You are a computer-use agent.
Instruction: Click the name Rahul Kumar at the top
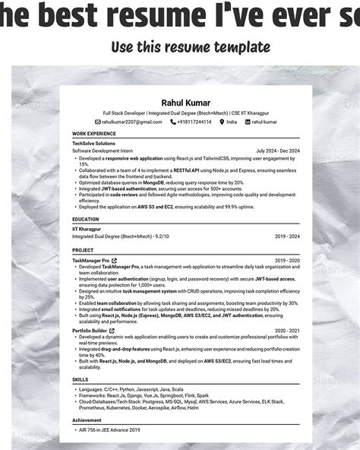click(x=185, y=103)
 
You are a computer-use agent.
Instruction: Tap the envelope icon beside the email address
click(x=98, y=122)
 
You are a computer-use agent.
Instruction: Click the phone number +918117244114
click(x=194, y=122)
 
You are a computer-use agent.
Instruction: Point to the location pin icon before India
click(x=222, y=122)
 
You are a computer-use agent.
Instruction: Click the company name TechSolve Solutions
click(x=93, y=143)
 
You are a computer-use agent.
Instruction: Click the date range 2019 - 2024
click(x=287, y=236)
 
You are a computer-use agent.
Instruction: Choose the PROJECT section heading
click(x=83, y=249)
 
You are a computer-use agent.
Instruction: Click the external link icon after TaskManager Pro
click(x=114, y=260)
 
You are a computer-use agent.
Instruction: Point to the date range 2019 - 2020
click(x=287, y=260)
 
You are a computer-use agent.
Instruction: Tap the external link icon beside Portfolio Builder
click(x=112, y=331)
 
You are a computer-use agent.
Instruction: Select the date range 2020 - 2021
click(x=287, y=331)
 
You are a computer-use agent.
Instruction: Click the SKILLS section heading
click(x=81, y=379)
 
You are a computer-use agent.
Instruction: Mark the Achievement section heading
click(x=87, y=420)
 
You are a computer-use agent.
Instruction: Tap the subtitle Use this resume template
click(x=190, y=47)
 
